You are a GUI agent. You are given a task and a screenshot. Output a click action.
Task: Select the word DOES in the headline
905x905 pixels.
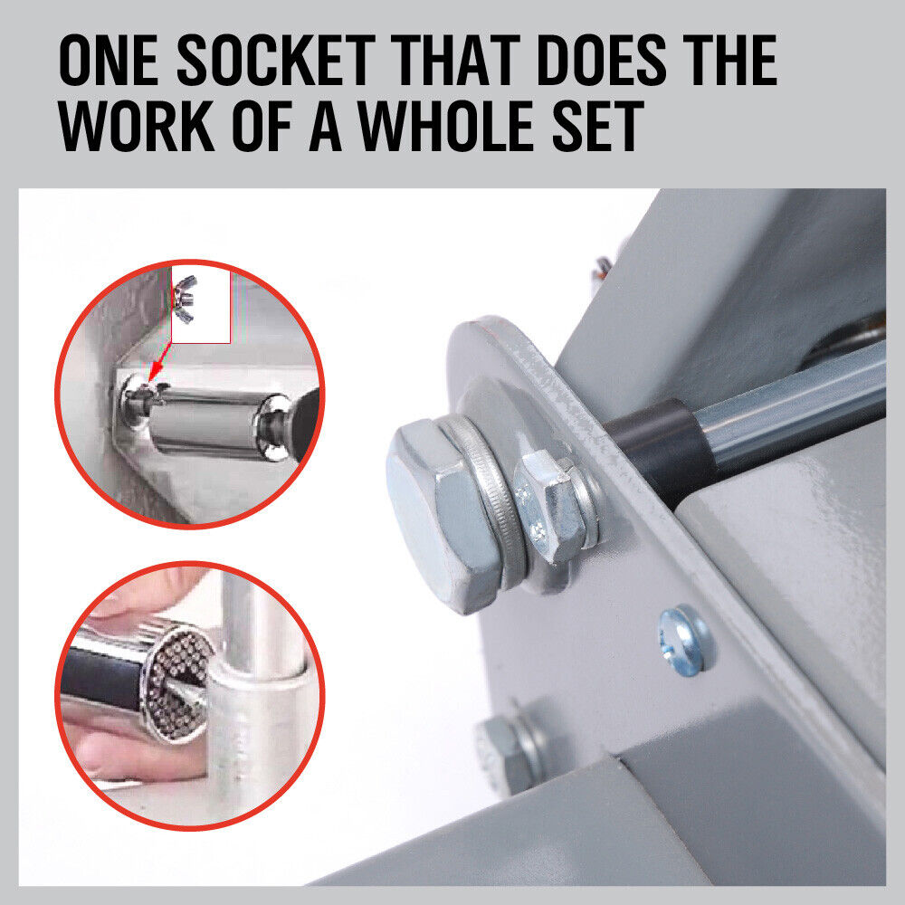point(601,60)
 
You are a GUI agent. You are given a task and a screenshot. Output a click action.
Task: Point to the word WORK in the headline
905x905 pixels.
point(137,126)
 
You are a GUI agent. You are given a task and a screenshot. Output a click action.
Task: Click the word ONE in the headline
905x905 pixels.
point(109,60)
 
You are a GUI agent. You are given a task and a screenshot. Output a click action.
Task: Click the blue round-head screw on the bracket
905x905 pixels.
point(682,641)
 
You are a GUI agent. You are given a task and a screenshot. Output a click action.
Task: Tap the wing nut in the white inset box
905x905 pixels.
point(186,299)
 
